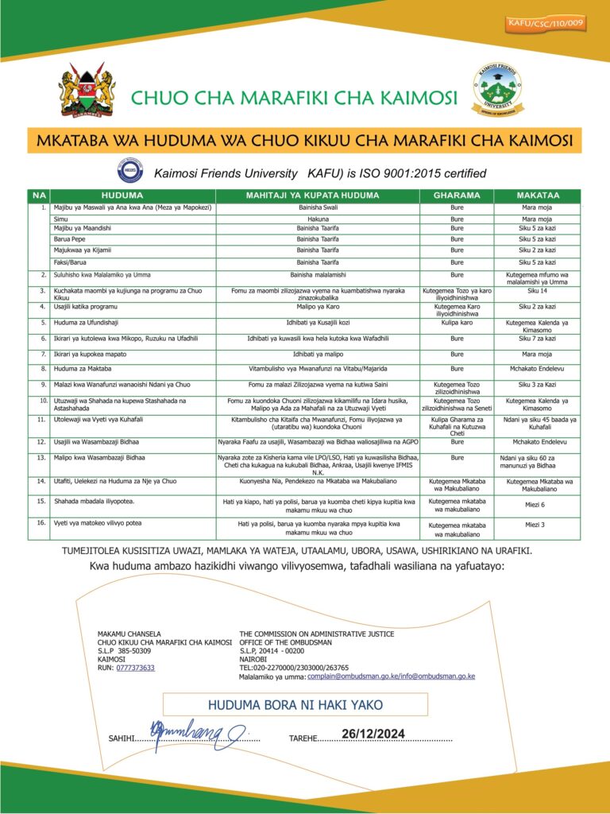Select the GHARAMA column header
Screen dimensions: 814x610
pyautogui.click(x=457, y=195)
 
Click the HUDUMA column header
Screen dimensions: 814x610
pyautogui.click(x=122, y=195)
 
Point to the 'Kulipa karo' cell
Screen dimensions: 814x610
pyautogui.click(x=457, y=323)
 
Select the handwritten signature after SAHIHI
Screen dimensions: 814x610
pyautogui.click(x=198, y=731)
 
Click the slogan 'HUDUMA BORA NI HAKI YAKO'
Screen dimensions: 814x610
pyautogui.click(x=295, y=705)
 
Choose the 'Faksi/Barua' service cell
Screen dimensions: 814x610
pyautogui.click(x=72, y=262)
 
